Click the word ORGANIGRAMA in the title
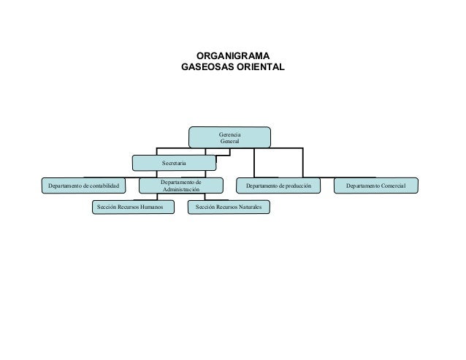click(x=233, y=56)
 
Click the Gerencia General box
click(x=229, y=137)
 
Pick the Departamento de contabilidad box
click(x=83, y=187)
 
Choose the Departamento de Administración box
click(x=180, y=186)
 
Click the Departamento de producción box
click(x=283, y=187)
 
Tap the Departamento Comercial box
click(x=376, y=187)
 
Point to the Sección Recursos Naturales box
click(x=228, y=208)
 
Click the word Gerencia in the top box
click(x=230, y=133)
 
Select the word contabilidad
click(x=108, y=187)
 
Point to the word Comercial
click(x=397, y=187)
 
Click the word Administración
click(x=180, y=191)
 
